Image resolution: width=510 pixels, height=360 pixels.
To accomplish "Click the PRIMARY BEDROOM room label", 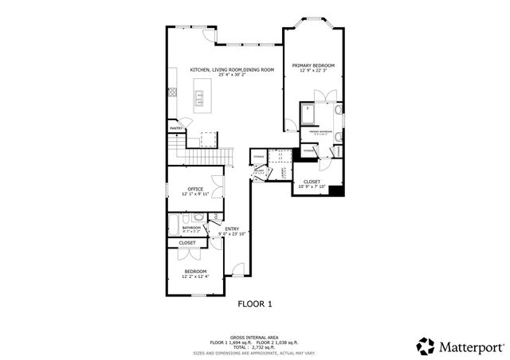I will click(x=313, y=65).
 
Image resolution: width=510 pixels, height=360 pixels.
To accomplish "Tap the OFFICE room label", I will click(x=195, y=189).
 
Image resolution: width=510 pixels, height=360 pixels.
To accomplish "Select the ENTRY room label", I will click(x=231, y=229).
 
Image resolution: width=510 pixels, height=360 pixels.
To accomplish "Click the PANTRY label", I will click(x=176, y=128).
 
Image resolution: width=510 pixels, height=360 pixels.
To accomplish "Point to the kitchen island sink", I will click(x=200, y=98).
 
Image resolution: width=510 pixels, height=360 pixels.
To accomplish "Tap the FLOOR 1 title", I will click(x=255, y=303).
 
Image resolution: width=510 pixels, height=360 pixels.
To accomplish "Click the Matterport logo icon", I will click(x=426, y=346).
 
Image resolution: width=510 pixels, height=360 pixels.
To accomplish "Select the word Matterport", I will click(x=470, y=346).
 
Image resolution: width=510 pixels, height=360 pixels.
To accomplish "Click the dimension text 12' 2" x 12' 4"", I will click(x=195, y=276).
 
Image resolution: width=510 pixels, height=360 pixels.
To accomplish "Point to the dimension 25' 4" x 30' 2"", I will click(x=232, y=76).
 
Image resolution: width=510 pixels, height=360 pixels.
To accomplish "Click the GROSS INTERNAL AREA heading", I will click(x=254, y=337).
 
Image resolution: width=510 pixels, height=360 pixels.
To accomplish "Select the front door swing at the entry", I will click(x=237, y=270).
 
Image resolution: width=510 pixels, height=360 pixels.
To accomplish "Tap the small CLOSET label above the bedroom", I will click(x=187, y=243).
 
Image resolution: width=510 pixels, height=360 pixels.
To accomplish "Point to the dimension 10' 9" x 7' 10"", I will click(x=312, y=187).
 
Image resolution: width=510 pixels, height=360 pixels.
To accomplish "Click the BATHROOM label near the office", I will click(x=191, y=228).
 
